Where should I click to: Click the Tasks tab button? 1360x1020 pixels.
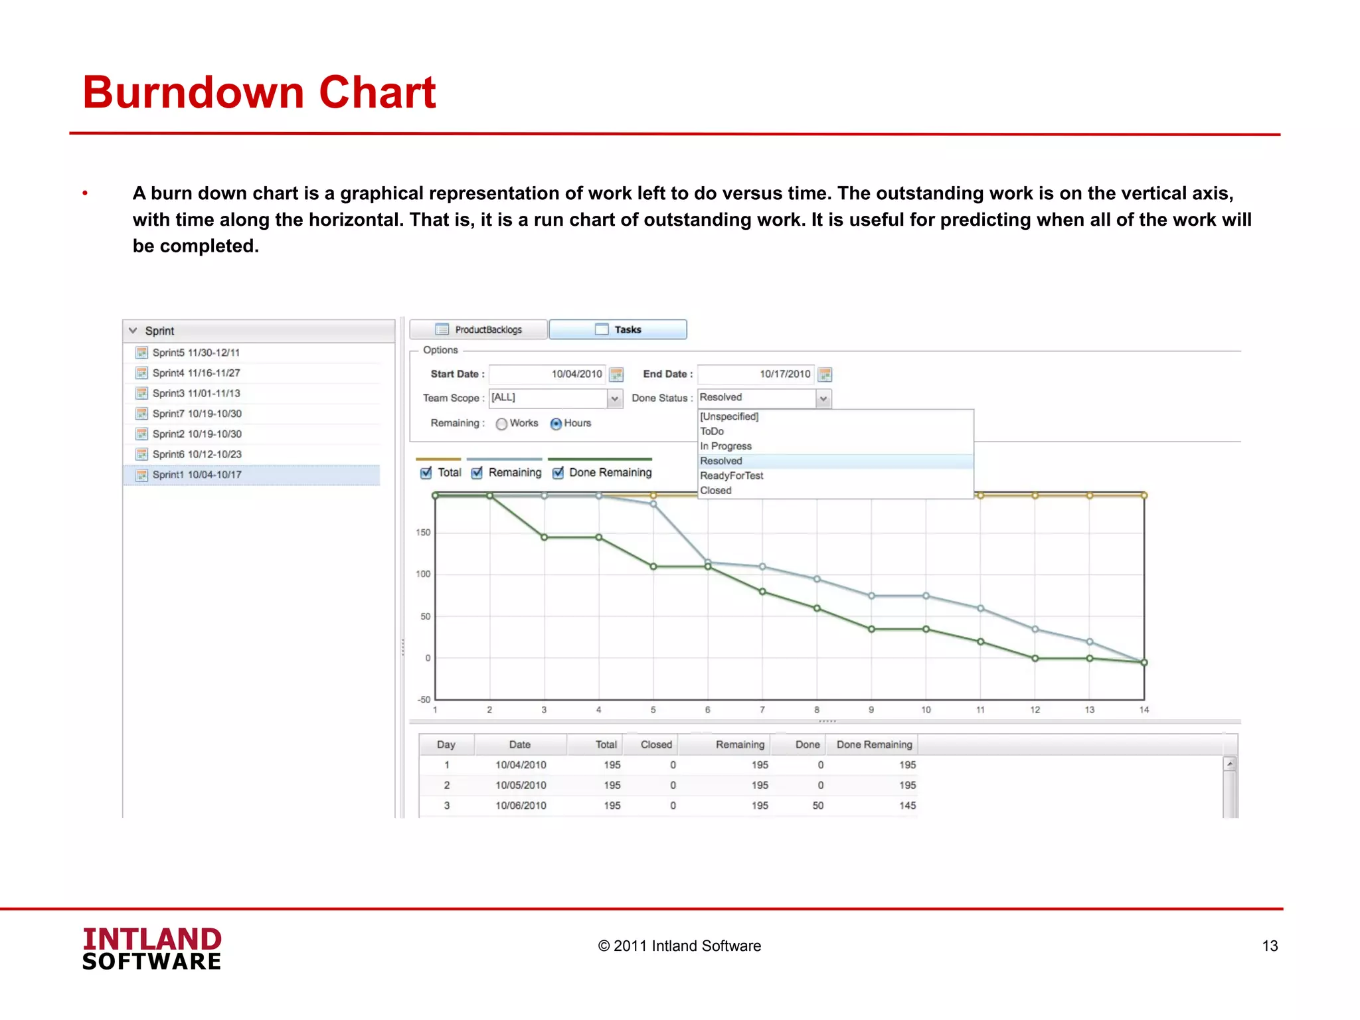pos(618,329)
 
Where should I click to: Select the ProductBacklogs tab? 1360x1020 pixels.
pos(479,329)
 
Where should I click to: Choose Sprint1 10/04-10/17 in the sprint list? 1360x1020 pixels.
pos(197,475)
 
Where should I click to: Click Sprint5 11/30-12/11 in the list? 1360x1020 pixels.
pos(196,353)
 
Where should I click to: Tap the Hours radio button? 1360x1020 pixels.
pos(556,424)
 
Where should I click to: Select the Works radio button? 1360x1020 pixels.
pos(501,424)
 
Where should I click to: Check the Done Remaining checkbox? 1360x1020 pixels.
pos(558,473)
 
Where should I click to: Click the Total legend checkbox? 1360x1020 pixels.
pos(426,473)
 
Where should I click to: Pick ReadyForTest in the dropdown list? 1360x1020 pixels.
pos(731,475)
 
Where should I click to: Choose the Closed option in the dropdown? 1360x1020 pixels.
pos(715,491)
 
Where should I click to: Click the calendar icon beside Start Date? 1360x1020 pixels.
pos(616,375)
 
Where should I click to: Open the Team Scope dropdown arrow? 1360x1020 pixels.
pos(615,398)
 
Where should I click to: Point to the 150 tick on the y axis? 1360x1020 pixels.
pos(423,533)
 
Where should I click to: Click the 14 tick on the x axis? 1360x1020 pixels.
pos(1144,710)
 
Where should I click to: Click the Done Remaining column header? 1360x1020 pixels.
pos(874,744)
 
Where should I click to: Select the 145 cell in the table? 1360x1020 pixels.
pos(907,806)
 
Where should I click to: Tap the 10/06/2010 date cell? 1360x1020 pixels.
pos(521,806)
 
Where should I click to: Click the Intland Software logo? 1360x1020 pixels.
pos(152,949)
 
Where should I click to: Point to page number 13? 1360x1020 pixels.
pos(1270,946)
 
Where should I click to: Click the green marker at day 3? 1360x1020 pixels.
pos(545,537)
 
